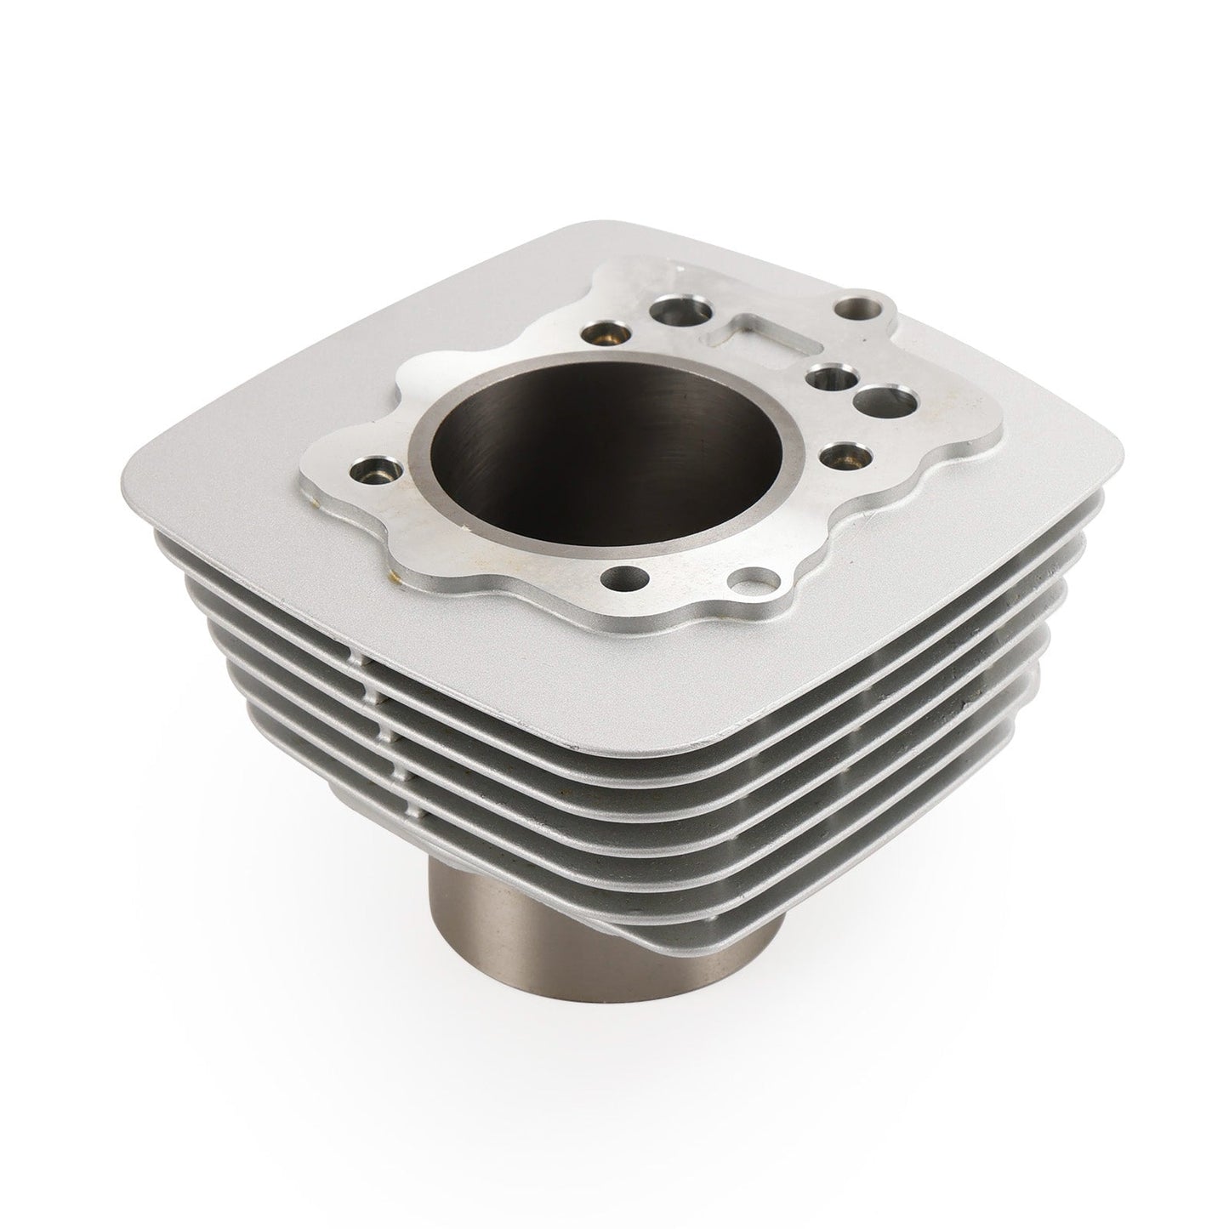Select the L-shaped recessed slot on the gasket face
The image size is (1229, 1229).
pyautogui.click(x=765, y=336)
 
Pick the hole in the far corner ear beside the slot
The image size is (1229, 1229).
pyautogui.click(x=856, y=304)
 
